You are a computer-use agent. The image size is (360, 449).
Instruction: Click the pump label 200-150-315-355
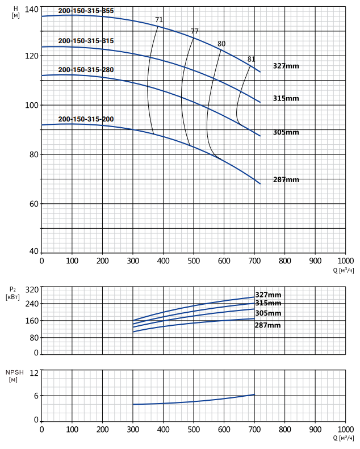(x=86, y=11)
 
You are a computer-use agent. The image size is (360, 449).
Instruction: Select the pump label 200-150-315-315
(x=86, y=41)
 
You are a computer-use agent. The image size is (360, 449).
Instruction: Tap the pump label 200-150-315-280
(x=86, y=70)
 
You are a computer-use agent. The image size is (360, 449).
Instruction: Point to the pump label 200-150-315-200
(x=86, y=119)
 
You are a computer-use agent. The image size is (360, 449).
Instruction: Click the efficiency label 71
(x=159, y=20)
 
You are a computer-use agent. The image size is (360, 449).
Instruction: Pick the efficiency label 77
(x=194, y=31)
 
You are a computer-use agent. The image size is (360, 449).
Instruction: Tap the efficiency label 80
(x=221, y=44)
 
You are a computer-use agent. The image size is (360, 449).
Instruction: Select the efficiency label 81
(x=251, y=59)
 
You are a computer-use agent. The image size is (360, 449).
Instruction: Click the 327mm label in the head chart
(x=286, y=66)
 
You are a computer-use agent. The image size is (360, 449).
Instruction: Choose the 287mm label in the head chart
(x=286, y=180)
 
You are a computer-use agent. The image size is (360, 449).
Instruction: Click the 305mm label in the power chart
(x=268, y=313)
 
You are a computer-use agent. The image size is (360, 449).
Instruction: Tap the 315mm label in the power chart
(x=268, y=303)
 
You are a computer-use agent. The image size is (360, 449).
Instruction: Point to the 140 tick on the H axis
(x=31, y=10)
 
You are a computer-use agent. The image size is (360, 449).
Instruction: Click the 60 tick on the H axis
(x=34, y=204)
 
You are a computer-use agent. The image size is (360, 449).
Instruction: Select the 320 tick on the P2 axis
(x=32, y=290)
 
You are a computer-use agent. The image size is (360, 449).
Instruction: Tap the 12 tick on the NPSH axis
(x=34, y=373)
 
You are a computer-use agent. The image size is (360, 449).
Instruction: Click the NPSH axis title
(x=15, y=376)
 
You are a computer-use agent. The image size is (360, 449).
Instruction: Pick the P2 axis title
(x=12, y=293)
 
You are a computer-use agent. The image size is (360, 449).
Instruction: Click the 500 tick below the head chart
(x=194, y=261)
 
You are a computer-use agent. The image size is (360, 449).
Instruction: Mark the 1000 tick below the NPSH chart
(x=346, y=429)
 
